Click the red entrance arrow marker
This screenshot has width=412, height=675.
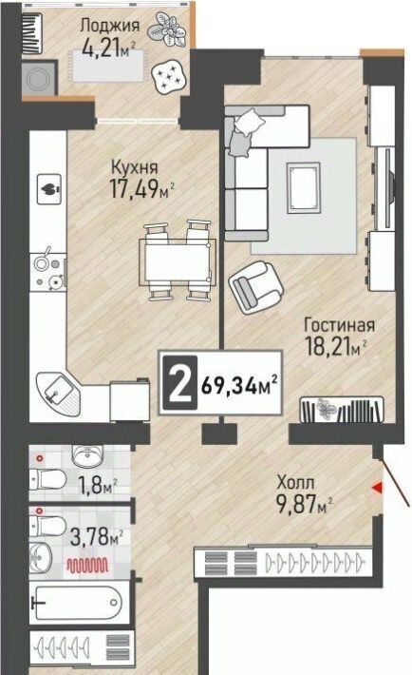point(377,488)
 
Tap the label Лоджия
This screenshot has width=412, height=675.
point(110,26)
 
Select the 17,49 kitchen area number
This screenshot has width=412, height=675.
point(134,188)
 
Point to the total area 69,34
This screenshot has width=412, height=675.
point(229,384)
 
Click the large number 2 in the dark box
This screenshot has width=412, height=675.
point(179,383)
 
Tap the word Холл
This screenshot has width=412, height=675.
point(295,482)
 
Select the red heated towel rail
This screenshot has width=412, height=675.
point(87,565)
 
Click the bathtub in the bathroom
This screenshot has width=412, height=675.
point(79,602)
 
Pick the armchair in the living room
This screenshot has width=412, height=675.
point(256,286)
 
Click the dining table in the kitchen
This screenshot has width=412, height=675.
point(178,260)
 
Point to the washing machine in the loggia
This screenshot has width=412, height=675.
point(40,78)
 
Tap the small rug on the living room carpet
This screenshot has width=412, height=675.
point(304,187)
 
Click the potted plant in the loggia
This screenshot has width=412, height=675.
point(167,29)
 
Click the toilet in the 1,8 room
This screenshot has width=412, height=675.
point(47,479)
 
